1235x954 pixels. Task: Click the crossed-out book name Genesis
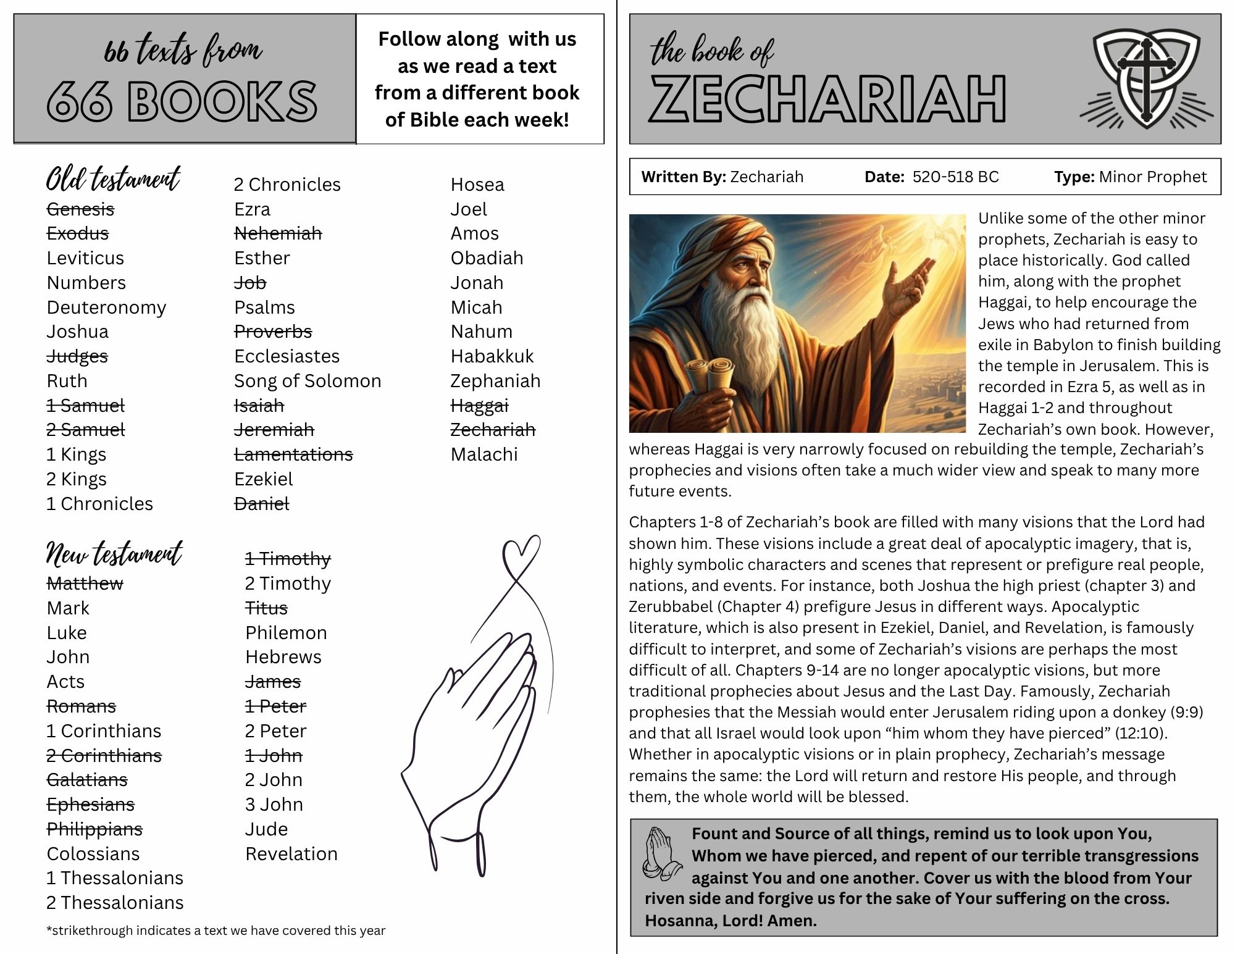[80, 209]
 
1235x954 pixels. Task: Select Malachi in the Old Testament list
[484, 454]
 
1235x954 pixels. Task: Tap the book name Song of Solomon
[308, 381]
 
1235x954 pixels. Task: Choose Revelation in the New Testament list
[291, 854]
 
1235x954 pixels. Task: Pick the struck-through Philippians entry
[94, 829]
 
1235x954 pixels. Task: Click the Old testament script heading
[113, 179]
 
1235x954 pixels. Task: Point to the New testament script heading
[114, 553]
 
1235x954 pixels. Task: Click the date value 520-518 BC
[955, 177]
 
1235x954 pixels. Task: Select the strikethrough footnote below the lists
[216, 931]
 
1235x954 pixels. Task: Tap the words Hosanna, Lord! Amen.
[731, 921]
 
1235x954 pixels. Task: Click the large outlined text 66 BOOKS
[182, 101]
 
